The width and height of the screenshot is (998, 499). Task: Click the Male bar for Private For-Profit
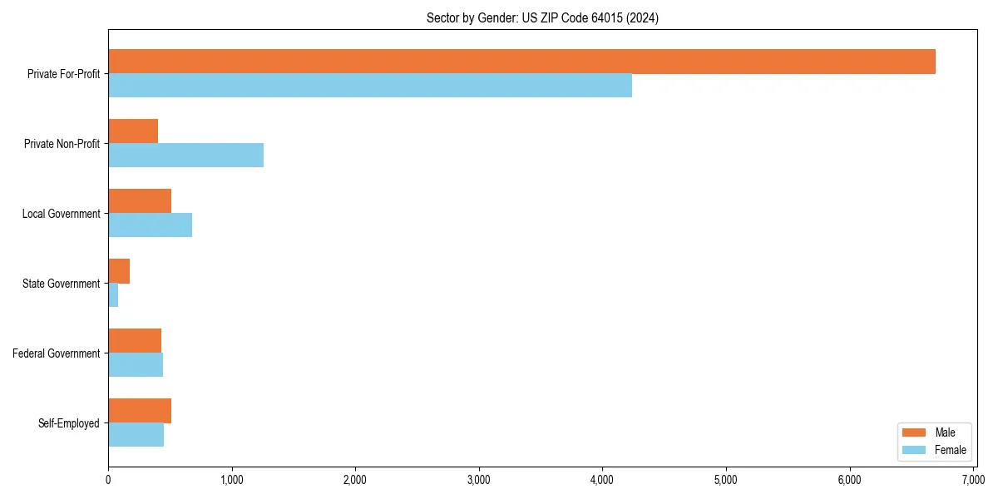point(521,62)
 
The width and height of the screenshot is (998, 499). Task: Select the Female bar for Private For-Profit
point(370,86)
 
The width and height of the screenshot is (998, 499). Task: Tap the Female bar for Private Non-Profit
point(185,156)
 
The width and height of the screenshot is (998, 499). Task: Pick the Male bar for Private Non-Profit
point(133,131)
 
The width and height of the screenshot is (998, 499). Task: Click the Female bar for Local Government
point(150,225)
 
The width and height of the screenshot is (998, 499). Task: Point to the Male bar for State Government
point(119,271)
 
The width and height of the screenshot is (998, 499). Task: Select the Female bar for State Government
point(113,295)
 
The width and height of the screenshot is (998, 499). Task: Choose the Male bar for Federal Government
point(135,341)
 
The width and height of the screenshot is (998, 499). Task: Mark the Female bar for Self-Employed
point(136,435)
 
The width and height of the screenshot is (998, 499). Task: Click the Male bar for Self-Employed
point(140,411)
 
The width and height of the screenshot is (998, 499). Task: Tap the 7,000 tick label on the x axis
point(973,480)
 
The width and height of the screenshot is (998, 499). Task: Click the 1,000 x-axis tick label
point(232,480)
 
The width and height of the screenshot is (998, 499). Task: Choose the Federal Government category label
point(57,353)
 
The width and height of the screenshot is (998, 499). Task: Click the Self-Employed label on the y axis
point(69,423)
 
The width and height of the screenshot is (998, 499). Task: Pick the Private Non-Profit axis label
point(62,144)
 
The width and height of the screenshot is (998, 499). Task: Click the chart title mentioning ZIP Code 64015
point(542,18)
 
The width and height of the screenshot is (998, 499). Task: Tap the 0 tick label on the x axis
point(108,480)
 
